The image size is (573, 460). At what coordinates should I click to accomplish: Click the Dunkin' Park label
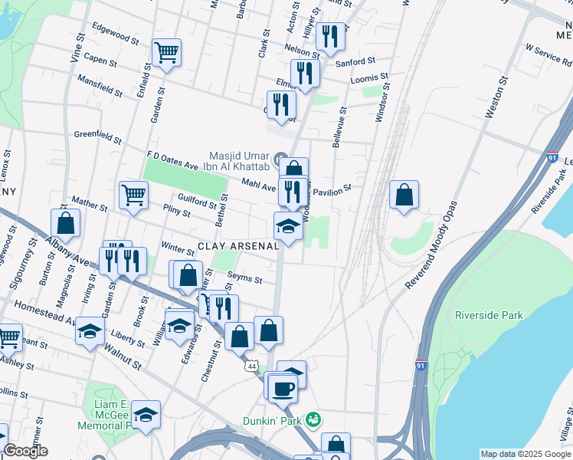(273, 420)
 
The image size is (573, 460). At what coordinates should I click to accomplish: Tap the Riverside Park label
(488, 315)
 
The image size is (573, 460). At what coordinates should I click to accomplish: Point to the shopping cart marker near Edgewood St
(166, 53)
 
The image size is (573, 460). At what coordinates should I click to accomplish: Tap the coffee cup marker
(282, 387)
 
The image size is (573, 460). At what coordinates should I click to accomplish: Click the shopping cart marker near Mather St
(133, 195)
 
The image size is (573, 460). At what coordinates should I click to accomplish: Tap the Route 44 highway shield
(251, 367)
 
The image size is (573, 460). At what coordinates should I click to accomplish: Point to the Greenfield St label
(98, 136)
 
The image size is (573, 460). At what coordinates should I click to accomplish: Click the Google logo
(26, 451)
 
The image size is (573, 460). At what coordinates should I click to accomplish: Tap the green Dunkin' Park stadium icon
(313, 419)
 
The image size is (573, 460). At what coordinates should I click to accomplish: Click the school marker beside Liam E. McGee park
(146, 415)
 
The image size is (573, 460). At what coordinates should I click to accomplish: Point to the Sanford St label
(359, 60)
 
